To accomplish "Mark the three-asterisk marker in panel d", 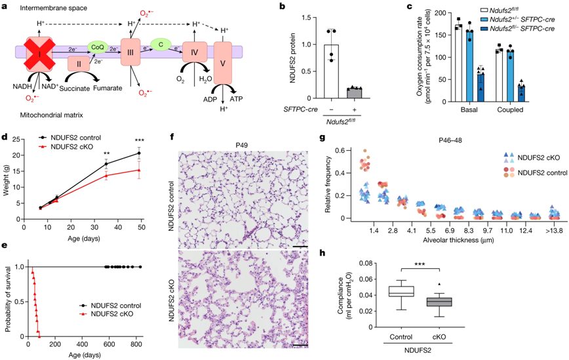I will [x=139, y=140].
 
